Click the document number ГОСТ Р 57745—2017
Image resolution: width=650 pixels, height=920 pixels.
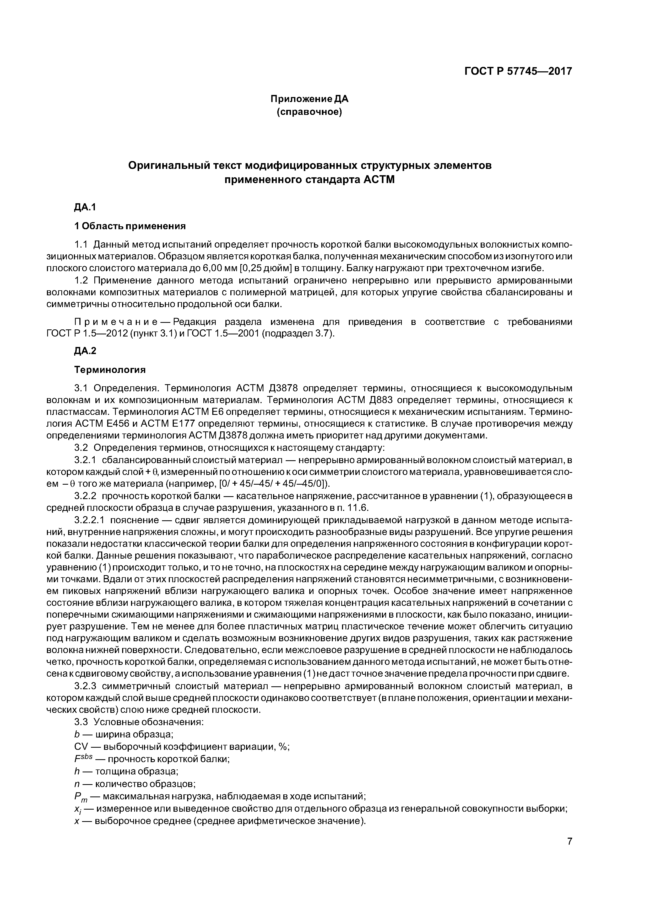click(x=518, y=71)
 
